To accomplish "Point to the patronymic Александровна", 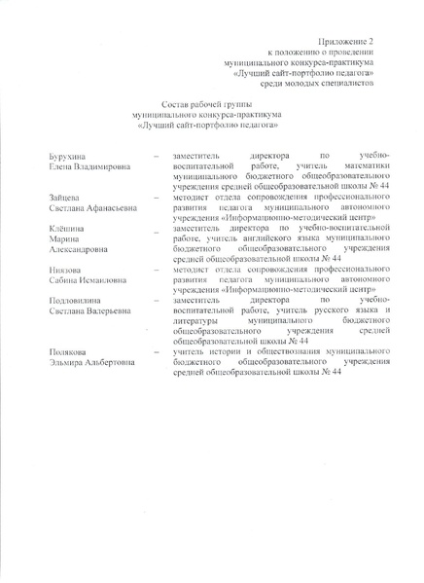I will click(75, 248).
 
